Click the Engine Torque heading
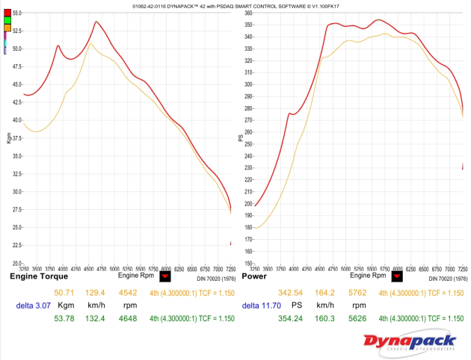tap(38, 276)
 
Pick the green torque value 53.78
tap(65, 320)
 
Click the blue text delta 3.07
tap(32, 306)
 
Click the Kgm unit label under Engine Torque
tap(66, 306)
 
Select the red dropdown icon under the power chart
tap(397, 276)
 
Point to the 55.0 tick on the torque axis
tap(16, 13)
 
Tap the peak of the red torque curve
tap(96, 22)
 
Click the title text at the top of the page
tap(235, 5)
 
